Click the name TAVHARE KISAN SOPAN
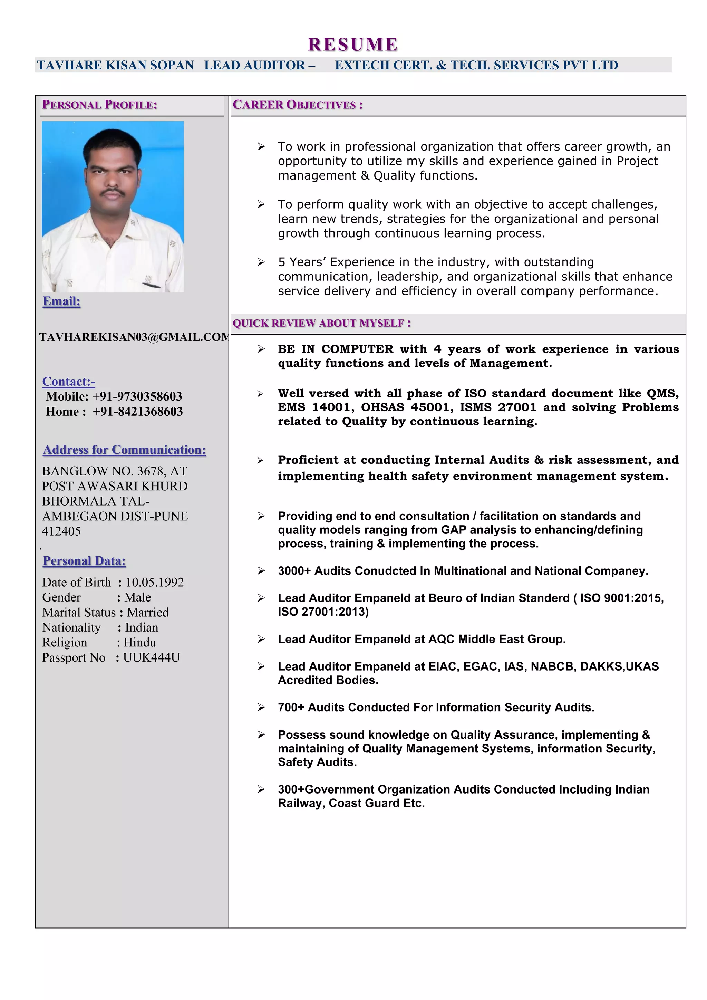[x=115, y=65]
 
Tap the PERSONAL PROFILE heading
[x=99, y=105]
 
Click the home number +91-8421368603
[x=138, y=412]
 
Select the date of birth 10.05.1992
[x=155, y=582]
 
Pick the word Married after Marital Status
[x=148, y=612]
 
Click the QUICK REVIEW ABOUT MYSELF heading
[x=321, y=323]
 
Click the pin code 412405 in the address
[x=61, y=531]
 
